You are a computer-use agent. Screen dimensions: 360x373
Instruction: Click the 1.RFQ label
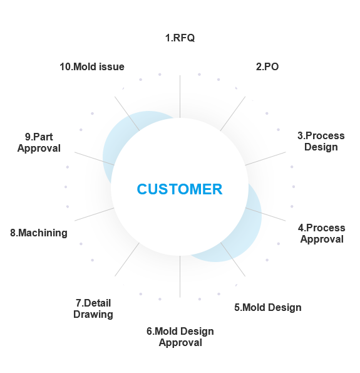coord(180,38)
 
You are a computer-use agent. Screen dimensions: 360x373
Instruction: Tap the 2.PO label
coord(267,66)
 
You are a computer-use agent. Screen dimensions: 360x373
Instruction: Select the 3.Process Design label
coord(321,141)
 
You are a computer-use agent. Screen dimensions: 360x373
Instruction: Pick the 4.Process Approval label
coord(322,233)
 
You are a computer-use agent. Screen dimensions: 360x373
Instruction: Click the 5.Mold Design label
coord(268,307)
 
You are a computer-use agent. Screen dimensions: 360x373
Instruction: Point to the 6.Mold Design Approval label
coord(180,337)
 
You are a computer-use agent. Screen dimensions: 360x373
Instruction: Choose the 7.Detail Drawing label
coord(93,308)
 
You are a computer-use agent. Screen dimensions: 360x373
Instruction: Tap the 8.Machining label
coord(39,233)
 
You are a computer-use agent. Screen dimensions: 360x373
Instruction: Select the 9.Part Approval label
coord(39,142)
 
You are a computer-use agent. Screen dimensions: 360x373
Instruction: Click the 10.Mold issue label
coord(92,66)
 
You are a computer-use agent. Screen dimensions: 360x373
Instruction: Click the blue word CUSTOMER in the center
coord(180,189)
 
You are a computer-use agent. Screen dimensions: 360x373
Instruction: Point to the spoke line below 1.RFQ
coord(180,97)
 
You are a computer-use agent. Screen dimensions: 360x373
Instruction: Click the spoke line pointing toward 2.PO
coord(233,113)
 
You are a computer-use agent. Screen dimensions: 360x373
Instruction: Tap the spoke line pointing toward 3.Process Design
coord(265,159)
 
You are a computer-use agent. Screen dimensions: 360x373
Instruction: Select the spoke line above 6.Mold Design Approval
coord(180,276)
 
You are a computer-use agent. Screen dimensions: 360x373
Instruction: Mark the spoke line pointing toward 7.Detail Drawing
coord(127,260)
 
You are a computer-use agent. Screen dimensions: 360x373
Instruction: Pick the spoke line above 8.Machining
coord(95,214)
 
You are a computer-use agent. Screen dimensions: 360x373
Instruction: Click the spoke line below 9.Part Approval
coord(95,159)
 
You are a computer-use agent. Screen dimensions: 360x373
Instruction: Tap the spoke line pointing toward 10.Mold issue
coord(127,113)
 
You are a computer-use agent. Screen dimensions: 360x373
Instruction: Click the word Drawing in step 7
coord(93,314)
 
